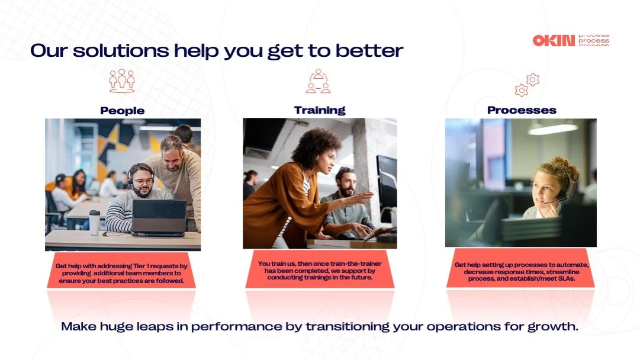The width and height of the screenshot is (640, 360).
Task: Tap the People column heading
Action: point(122,111)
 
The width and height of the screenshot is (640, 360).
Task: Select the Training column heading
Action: point(319,110)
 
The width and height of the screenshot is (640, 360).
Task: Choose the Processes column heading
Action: point(522,110)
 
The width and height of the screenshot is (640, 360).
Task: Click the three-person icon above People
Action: point(122,81)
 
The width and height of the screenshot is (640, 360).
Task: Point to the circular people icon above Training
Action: point(319,82)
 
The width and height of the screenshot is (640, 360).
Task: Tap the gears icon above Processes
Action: point(526,85)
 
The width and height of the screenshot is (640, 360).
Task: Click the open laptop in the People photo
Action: point(158,217)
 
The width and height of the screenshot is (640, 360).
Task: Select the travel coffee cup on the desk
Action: point(94,222)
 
